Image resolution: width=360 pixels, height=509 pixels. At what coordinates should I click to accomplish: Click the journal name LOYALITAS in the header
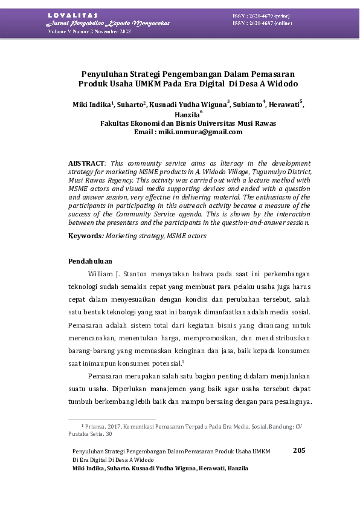pos(69,15)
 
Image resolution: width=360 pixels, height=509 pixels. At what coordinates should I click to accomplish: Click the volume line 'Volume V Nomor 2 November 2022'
pos(89,31)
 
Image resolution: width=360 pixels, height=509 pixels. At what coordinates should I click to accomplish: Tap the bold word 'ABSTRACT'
pos(86,163)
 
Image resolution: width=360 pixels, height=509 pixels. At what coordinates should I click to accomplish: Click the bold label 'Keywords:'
pos(86,236)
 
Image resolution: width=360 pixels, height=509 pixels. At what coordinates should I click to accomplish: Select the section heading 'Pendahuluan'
pos(90,261)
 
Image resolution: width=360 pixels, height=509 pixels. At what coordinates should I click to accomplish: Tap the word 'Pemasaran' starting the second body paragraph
pos(104,376)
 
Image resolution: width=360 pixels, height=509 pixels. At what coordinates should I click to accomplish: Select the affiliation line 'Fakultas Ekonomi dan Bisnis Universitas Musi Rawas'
pos(188,123)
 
